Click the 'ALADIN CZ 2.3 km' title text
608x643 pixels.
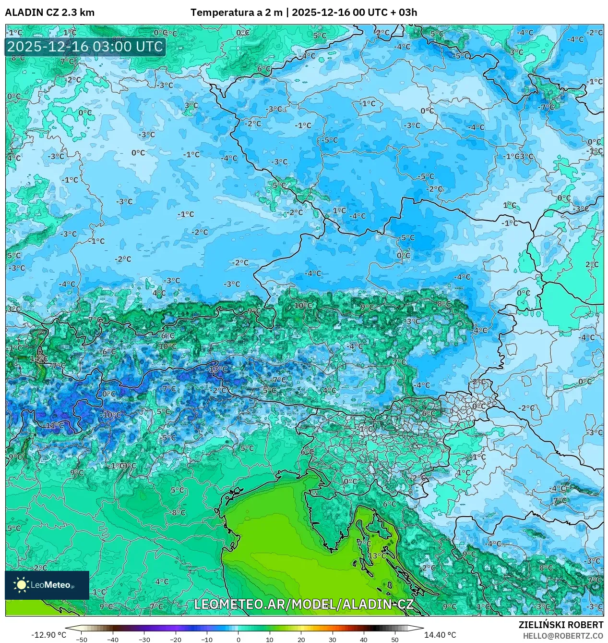coord(49,12)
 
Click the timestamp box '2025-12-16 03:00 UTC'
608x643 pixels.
coord(85,47)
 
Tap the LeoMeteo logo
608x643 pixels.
coord(47,585)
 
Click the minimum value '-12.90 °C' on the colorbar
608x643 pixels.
coord(48,635)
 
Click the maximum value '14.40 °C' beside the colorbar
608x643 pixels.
coord(440,635)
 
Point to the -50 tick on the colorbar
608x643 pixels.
coord(82,640)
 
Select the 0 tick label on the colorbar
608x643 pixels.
coord(238,640)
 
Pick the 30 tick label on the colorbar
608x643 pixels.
coord(332,640)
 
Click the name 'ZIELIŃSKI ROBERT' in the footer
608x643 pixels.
coord(560,625)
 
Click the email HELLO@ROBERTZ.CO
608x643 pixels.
coord(563,636)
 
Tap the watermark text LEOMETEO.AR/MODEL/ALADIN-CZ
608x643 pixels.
coord(303,604)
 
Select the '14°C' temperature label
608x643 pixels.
coord(38,359)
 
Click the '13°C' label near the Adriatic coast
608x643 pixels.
coord(377,556)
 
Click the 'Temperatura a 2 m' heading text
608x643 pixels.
coord(236,12)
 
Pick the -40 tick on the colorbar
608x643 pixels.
coord(113,640)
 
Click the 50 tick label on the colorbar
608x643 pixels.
coord(394,640)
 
